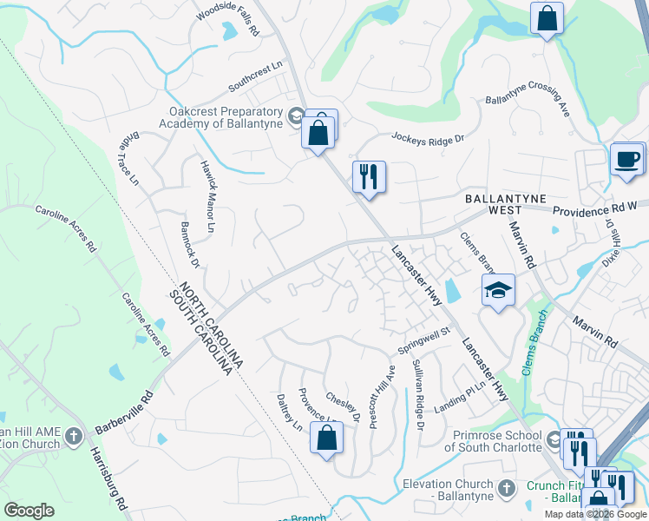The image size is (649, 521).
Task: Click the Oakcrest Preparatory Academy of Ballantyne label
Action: click(x=227, y=118)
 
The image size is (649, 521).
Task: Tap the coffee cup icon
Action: click(x=626, y=160)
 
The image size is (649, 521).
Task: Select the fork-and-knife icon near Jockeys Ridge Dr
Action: click(x=368, y=177)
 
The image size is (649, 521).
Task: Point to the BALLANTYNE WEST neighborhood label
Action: click(x=505, y=204)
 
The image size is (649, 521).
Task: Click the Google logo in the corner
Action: click(x=29, y=510)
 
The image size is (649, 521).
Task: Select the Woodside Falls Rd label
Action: click(x=227, y=18)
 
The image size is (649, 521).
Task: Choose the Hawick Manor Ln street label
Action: click(x=207, y=196)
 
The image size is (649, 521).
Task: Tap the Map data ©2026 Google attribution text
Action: click(x=595, y=514)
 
